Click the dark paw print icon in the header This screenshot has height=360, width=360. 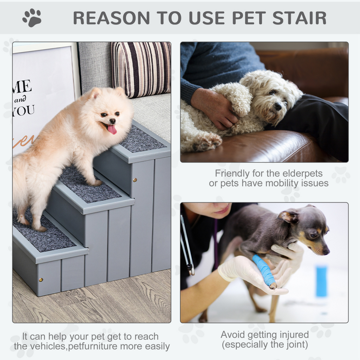(32, 18)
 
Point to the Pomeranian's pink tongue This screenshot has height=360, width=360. (112, 130)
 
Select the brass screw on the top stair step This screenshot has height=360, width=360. (135, 180)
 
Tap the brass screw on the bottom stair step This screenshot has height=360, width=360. (41, 280)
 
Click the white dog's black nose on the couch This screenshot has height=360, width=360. (278, 107)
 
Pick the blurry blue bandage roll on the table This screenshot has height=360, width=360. (321, 281)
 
